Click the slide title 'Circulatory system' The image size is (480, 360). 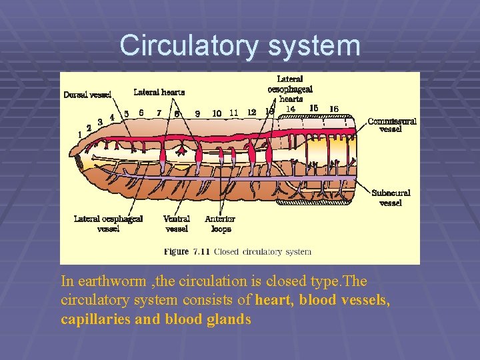(x=240, y=46)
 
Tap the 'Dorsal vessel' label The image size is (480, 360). (x=87, y=95)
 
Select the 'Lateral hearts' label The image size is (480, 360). (x=159, y=92)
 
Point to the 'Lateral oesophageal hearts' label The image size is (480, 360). (x=290, y=89)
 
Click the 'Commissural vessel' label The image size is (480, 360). (x=392, y=125)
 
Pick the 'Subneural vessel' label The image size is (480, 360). (x=391, y=197)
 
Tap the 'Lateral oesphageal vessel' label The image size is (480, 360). (x=108, y=223)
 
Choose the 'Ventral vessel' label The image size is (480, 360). (x=177, y=223)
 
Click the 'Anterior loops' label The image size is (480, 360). (x=220, y=223)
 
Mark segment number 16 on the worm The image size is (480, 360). (x=334, y=109)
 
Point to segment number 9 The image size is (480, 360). (x=197, y=114)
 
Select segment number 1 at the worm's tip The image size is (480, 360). (x=80, y=134)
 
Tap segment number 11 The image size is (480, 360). (x=233, y=113)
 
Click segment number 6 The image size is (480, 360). (x=141, y=113)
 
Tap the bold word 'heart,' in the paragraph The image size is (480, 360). (x=275, y=301)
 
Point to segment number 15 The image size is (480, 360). (x=314, y=108)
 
